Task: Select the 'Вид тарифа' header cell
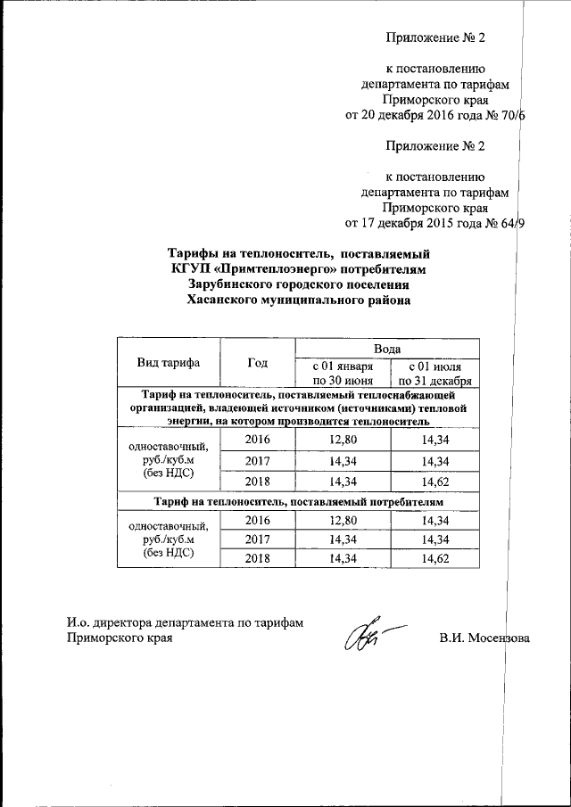[x=168, y=362]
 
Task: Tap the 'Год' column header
[x=257, y=362]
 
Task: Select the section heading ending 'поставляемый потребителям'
[x=298, y=502]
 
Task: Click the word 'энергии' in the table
[x=189, y=421]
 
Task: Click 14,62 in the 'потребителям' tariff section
[x=434, y=559]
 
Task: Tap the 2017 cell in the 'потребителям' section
[x=257, y=539]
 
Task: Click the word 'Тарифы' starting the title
[x=194, y=252]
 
